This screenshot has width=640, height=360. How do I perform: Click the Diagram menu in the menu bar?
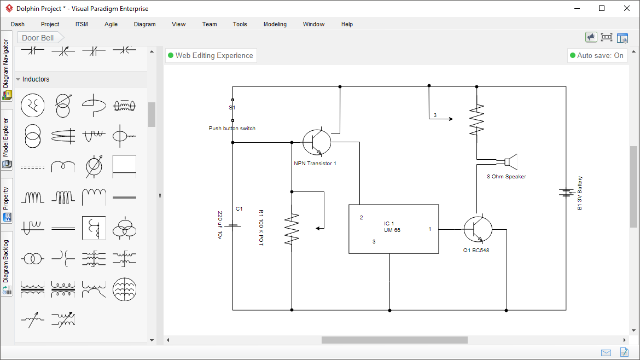[x=144, y=24]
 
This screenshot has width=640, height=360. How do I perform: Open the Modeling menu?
[x=275, y=24]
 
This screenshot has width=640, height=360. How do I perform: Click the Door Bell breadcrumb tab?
[x=38, y=38]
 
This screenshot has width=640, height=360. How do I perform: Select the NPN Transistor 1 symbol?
[x=317, y=142]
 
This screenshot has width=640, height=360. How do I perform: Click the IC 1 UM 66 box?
[x=393, y=229]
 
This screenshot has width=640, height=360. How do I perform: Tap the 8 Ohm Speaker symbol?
[x=507, y=161]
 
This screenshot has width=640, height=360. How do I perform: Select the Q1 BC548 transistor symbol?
[x=478, y=229]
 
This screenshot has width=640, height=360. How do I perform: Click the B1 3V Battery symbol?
[x=566, y=193]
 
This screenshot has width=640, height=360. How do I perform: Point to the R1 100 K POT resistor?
[x=292, y=229]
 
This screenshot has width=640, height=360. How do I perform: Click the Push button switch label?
[x=232, y=129]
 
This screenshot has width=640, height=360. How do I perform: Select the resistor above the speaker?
[x=477, y=120]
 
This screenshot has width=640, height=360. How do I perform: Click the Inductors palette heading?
[x=36, y=79]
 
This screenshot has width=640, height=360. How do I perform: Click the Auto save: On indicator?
[x=596, y=55]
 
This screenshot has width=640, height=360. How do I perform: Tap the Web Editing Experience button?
[x=211, y=55]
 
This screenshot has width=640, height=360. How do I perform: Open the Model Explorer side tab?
[x=7, y=141]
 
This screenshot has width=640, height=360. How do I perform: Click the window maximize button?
[x=602, y=8]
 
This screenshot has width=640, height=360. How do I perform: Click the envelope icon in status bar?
[x=606, y=352]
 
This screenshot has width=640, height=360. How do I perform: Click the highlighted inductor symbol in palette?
[x=94, y=228]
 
